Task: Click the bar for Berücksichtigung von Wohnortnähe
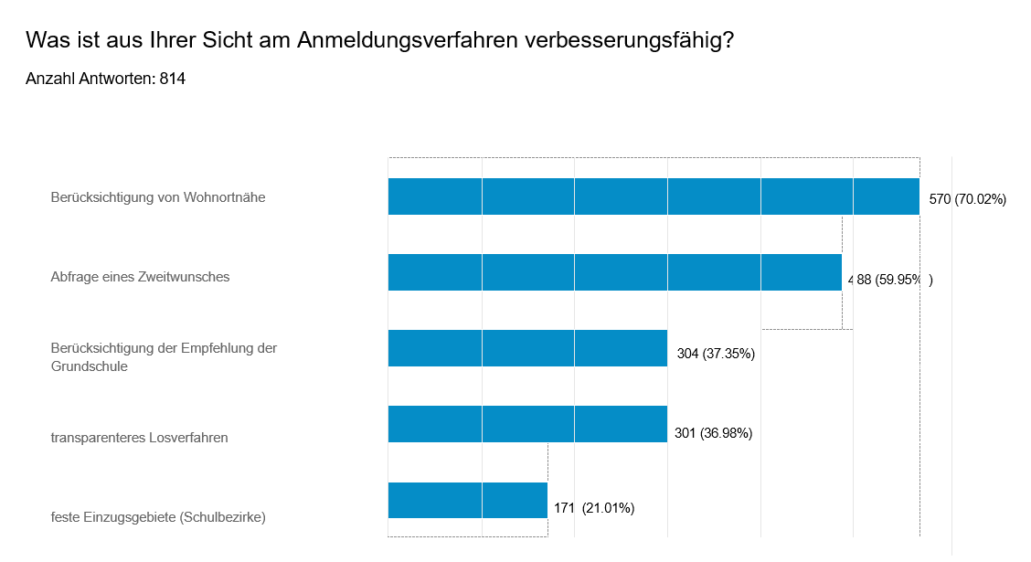click(654, 196)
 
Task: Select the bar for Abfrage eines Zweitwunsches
click(614, 272)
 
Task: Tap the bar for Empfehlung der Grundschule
click(527, 348)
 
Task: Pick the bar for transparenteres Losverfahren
click(527, 424)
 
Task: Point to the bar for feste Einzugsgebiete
click(467, 500)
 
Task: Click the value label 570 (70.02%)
click(967, 199)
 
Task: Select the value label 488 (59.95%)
click(890, 280)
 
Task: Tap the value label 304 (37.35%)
click(716, 354)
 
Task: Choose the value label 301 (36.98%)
click(713, 433)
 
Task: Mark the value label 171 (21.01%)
click(594, 508)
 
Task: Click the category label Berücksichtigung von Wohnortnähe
click(158, 196)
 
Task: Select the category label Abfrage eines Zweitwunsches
click(140, 276)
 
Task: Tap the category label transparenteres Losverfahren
click(139, 437)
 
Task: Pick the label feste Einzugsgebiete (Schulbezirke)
click(158, 516)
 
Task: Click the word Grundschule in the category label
click(89, 366)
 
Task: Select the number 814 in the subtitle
click(173, 80)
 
